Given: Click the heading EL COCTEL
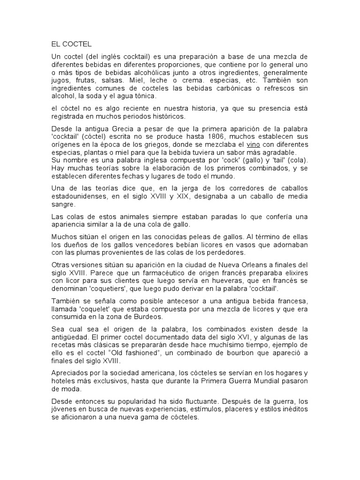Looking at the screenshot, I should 72,45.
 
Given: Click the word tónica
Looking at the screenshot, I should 149,96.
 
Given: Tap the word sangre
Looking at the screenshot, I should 62,205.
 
